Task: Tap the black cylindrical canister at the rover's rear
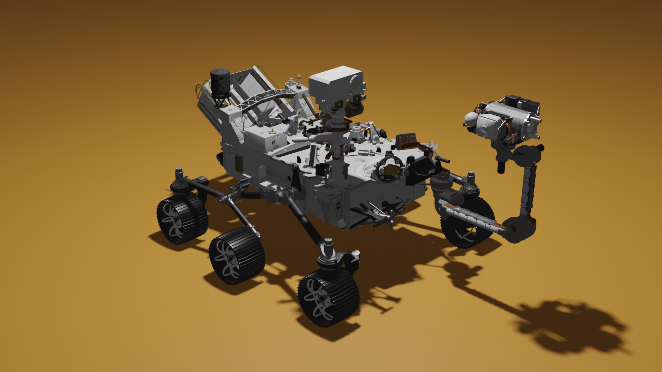(x=220, y=83)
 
